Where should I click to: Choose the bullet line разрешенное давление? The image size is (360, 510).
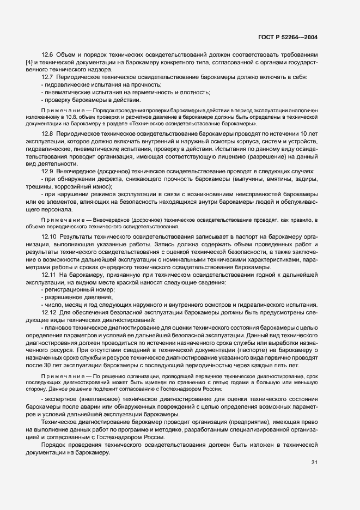point(76,297)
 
